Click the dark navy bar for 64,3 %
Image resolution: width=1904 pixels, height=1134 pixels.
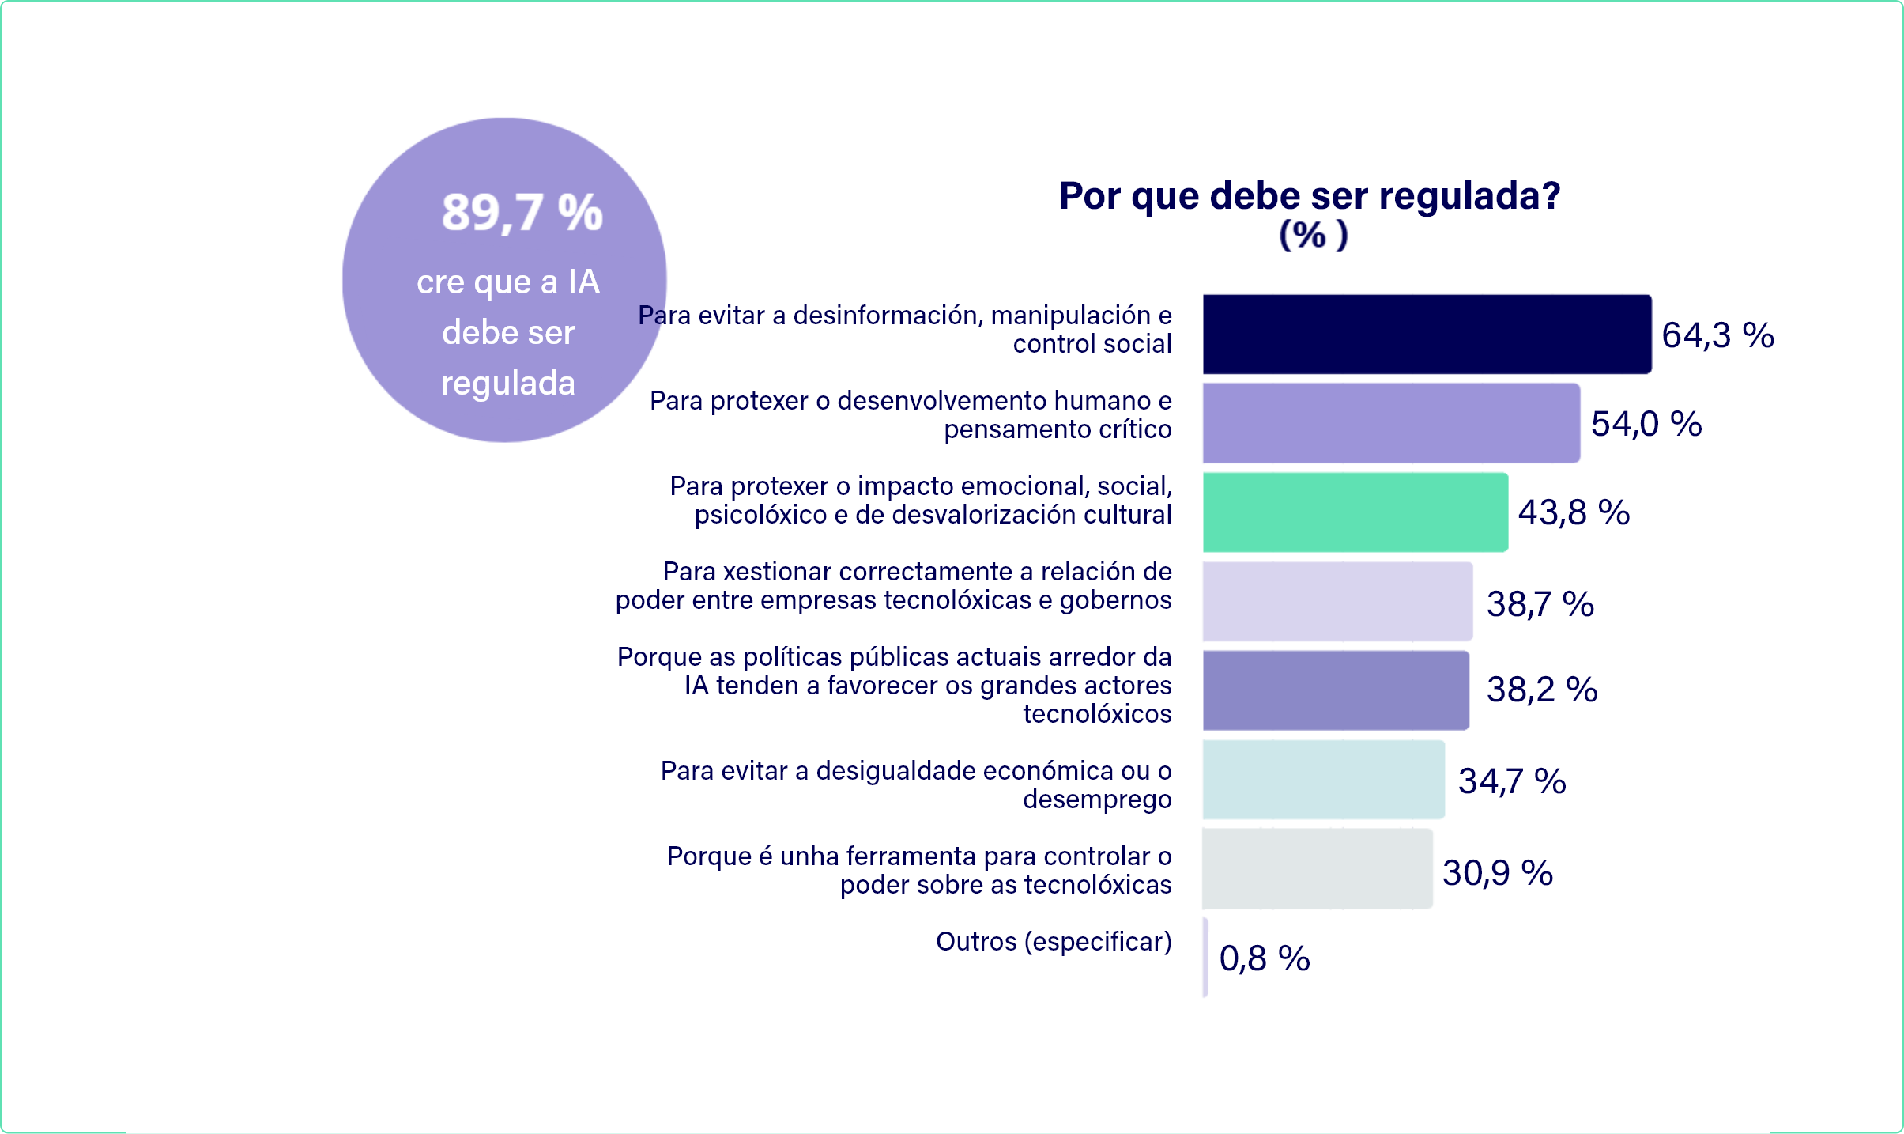click(x=1427, y=335)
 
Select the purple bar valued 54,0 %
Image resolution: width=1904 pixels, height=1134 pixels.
click(x=1391, y=423)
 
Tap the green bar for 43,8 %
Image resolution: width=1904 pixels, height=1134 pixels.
click(x=1355, y=512)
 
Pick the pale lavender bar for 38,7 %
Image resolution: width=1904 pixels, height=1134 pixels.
click(x=1337, y=601)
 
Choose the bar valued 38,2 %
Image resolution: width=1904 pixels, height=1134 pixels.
click(x=1336, y=690)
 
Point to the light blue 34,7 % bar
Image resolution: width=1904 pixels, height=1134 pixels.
click(x=1323, y=780)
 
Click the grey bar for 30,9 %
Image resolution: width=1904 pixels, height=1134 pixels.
click(x=1317, y=868)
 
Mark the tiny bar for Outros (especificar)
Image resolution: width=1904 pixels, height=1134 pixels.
click(x=1205, y=957)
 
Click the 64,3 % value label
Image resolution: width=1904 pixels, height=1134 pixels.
click(x=1717, y=335)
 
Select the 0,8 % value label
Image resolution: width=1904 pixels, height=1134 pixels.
click(x=1265, y=958)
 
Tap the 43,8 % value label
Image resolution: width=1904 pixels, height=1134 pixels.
click(x=1574, y=512)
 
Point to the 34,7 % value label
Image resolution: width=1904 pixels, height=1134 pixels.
click(x=1511, y=781)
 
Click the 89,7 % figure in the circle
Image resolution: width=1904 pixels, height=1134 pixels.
click(x=522, y=213)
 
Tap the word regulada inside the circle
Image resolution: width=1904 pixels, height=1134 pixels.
click(x=508, y=384)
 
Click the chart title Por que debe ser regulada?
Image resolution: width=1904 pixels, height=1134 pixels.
click(x=1310, y=195)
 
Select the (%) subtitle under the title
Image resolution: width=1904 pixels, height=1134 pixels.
click(x=1313, y=235)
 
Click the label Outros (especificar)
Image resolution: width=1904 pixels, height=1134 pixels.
click(x=1054, y=942)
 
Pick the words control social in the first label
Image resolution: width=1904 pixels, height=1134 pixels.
click(x=1092, y=344)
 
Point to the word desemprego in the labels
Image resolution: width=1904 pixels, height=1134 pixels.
click(x=1097, y=799)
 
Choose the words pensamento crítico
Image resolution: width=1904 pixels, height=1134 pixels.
click(x=1058, y=429)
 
